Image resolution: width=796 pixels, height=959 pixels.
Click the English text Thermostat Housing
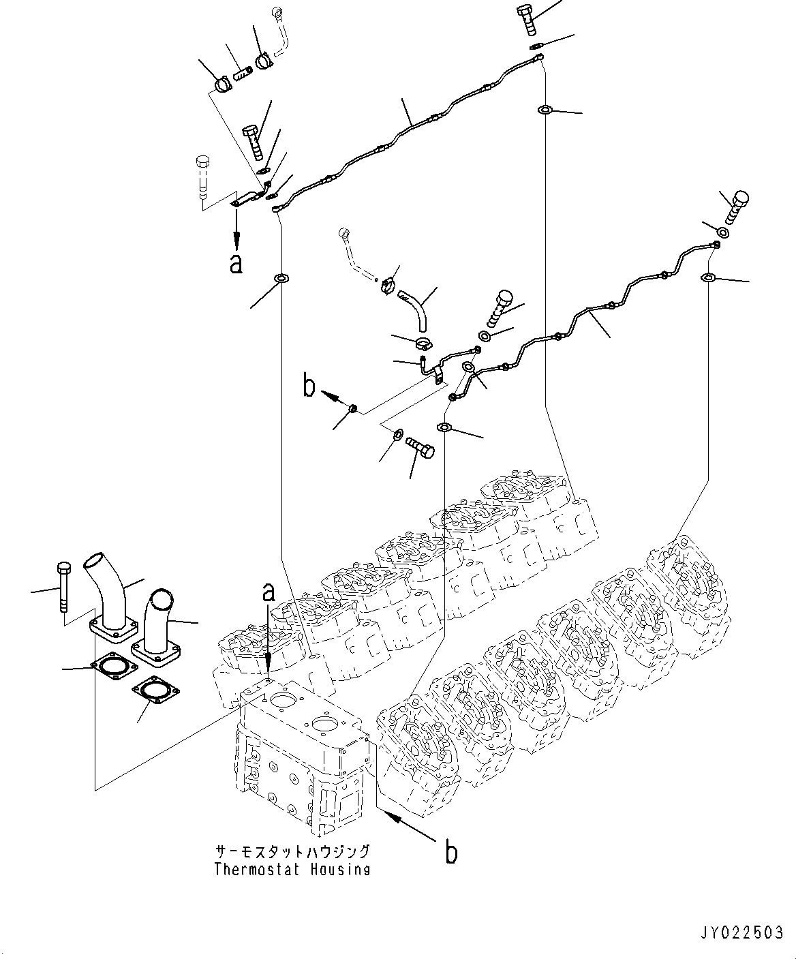pos(292,869)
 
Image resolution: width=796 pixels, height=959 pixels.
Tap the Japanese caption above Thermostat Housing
pos(292,852)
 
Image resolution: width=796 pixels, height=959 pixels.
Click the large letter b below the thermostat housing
pos(450,852)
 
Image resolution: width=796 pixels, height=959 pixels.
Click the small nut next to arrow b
pos(354,409)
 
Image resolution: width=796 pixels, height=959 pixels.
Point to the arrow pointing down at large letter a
pos(236,231)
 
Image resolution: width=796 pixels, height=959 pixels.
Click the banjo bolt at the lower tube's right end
pos(735,207)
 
